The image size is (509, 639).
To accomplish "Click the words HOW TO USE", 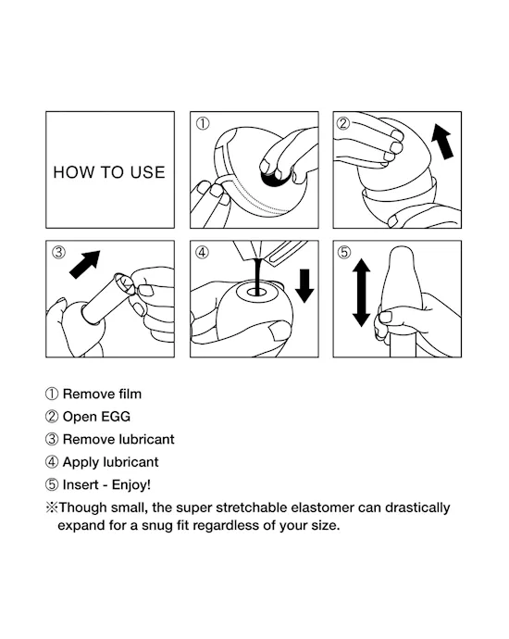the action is (x=109, y=172).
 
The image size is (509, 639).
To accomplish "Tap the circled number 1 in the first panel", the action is (x=203, y=123).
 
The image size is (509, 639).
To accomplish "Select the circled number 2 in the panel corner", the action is (x=343, y=123).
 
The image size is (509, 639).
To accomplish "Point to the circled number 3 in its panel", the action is (x=58, y=252).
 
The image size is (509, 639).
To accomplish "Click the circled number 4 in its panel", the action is (x=202, y=252).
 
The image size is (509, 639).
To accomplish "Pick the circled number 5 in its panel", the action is (x=344, y=252).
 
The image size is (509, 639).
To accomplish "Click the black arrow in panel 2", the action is (x=443, y=141).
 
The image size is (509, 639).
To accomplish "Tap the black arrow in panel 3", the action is (x=85, y=264).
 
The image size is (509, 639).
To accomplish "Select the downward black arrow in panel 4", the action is (x=304, y=285).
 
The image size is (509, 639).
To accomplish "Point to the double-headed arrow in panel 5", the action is (x=361, y=293).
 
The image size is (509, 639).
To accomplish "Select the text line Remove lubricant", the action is (x=118, y=439).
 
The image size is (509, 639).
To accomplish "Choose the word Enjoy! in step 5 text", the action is (x=131, y=485).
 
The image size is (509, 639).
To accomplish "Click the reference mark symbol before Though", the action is (x=52, y=507).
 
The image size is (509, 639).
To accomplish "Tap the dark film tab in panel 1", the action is (x=275, y=179).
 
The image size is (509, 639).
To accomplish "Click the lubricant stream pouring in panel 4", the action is (x=257, y=276).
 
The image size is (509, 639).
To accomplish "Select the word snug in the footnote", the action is (x=158, y=526).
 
